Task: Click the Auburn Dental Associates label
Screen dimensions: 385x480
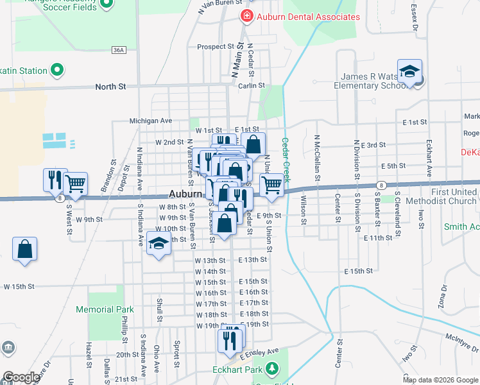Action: tap(308, 17)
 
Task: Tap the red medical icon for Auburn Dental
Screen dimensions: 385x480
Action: tap(245, 17)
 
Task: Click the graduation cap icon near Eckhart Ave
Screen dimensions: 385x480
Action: tap(409, 72)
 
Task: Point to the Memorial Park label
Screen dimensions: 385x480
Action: tap(105, 309)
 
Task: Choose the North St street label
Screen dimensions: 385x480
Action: tap(110, 86)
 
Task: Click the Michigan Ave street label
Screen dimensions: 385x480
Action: tap(151, 120)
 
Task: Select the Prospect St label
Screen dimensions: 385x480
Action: tap(216, 47)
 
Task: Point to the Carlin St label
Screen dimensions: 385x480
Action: tap(252, 85)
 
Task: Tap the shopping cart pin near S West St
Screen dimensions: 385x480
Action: tap(76, 184)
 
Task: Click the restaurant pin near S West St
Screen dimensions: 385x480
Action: tap(54, 180)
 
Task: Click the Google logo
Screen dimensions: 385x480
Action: tap(21, 377)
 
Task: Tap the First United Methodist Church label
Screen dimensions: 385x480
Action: tap(454, 196)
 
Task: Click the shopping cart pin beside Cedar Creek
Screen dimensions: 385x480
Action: tap(272, 185)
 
